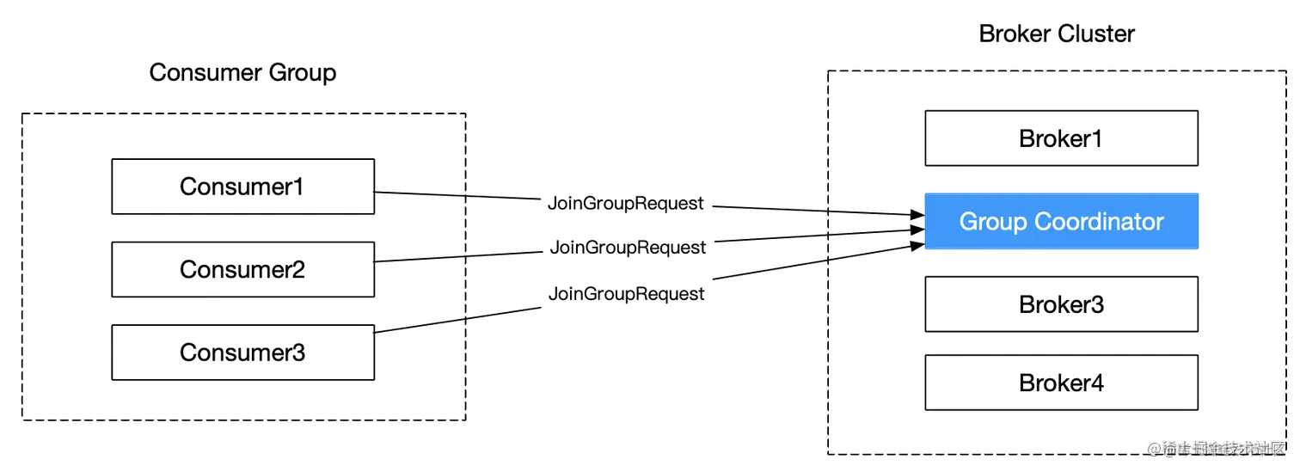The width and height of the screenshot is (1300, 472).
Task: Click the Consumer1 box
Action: point(242,187)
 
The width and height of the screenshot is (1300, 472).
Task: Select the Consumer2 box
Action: point(242,269)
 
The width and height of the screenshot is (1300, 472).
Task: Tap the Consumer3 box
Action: point(242,352)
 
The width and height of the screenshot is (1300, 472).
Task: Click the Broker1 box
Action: point(1061,138)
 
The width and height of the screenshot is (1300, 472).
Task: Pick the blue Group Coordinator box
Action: point(1061,222)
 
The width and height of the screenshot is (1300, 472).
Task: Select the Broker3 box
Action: point(1061,304)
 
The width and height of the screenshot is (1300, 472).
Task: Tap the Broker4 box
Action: point(1061,383)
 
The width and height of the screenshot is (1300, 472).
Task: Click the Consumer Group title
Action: point(242,72)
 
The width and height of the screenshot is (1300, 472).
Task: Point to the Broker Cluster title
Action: point(1057,34)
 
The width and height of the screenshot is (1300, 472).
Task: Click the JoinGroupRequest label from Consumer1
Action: point(626,204)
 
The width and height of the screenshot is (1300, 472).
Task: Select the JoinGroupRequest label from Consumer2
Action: point(628,248)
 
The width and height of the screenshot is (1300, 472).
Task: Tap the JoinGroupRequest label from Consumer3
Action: point(626,294)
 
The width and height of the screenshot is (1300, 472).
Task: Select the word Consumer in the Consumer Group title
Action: point(205,72)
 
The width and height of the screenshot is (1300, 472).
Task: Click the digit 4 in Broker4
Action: point(1096,383)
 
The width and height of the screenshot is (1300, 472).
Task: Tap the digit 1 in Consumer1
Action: point(297,187)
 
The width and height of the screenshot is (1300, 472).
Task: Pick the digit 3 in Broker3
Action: point(1096,304)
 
